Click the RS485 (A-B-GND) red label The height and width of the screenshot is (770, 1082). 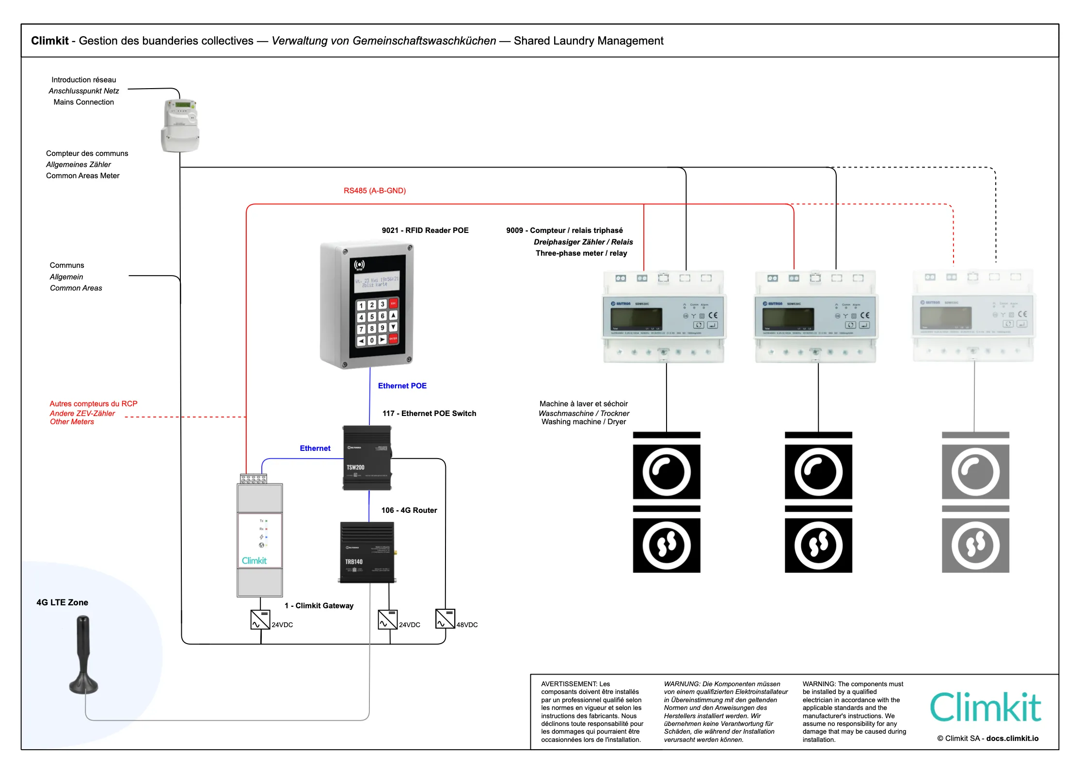[375, 191]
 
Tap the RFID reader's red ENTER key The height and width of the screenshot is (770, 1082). [393, 338]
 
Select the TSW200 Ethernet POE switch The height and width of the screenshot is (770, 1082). [367, 458]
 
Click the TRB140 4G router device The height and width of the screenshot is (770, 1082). [367, 553]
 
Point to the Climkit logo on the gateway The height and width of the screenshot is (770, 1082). [254, 560]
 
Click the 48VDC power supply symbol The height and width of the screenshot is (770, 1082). [445, 619]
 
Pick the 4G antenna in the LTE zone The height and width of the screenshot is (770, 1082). [83, 654]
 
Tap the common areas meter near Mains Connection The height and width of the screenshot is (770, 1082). [180, 125]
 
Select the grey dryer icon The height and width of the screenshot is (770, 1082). [975, 545]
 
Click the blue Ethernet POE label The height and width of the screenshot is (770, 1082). [402, 386]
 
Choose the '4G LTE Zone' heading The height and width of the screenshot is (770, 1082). [62, 602]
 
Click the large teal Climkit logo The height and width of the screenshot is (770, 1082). [986, 708]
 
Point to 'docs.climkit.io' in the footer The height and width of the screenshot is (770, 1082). [1012, 739]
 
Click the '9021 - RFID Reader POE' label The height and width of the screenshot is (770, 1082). [425, 231]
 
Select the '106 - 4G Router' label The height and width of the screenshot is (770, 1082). [409, 510]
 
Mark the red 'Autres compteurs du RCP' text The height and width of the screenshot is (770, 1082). [94, 404]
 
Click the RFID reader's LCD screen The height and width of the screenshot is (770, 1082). [377, 282]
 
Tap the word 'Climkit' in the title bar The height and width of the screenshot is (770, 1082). [49, 41]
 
